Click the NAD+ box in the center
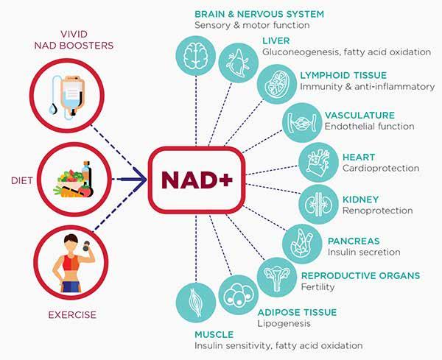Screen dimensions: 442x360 click(196, 180)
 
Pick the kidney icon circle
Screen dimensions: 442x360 click(320, 202)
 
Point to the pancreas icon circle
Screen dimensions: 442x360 click(304, 241)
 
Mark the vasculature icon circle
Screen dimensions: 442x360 click(302, 121)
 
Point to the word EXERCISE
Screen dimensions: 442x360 click(72, 316)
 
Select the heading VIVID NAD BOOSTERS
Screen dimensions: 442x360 click(77, 39)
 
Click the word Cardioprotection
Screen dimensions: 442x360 click(381, 168)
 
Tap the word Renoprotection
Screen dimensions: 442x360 click(377, 211)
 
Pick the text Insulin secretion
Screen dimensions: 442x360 click(363, 252)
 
